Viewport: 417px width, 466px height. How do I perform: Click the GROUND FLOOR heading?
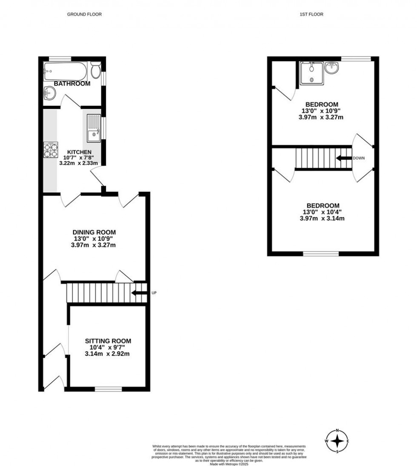click(84, 14)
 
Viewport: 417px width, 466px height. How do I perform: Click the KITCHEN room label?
click(79, 152)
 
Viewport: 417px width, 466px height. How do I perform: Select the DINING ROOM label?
click(94, 232)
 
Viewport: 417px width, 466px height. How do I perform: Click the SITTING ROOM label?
click(108, 341)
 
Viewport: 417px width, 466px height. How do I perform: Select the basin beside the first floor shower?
click(331, 67)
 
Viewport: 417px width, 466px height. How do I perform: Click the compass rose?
click(337, 442)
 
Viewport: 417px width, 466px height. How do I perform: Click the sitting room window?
click(108, 388)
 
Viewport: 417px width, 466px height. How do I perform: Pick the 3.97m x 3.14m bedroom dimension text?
click(321, 219)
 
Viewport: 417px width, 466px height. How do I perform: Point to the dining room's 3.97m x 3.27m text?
click(94, 245)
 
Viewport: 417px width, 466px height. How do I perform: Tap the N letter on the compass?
click(337, 431)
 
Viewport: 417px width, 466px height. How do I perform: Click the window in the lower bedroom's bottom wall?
click(321, 254)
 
